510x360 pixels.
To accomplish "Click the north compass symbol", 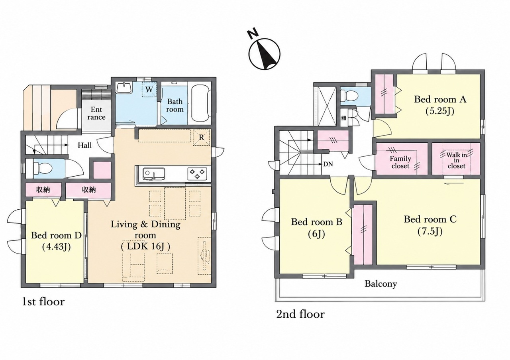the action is pyautogui.click(x=264, y=52).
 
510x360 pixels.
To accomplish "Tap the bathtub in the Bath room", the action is pyautogui.click(x=201, y=105).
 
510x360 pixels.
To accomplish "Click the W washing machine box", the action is pyautogui.click(x=149, y=89).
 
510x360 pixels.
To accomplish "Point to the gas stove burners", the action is pyautogui.click(x=197, y=174).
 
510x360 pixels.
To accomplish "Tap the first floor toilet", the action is pyautogui.click(x=43, y=169).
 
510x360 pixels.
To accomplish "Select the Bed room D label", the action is pyautogui.click(x=56, y=235).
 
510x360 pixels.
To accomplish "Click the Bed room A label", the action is pyautogui.click(x=440, y=99).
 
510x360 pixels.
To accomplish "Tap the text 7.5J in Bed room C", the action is pyautogui.click(x=430, y=232).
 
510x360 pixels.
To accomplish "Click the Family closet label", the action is pyautogui.click(x=400, y=162).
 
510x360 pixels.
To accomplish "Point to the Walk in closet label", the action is pyautogui.click(x=457, y=160).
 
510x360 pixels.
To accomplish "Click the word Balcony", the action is pyautogui.click(x=381, y=284).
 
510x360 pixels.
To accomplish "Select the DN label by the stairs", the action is pyautogui.click(x=328, y=164).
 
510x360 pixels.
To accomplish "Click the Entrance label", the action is pyautogui.click(x=96, y=113).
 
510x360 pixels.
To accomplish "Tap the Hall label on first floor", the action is pyautogui.click(x=85, y=145).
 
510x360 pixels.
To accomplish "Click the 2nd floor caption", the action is pyautogui.click(x=300, y=315).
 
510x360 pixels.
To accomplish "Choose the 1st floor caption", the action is pyautogui.click(x=43, y=302).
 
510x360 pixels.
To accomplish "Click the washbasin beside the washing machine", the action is pyautogui.click(x=124, y=88).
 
